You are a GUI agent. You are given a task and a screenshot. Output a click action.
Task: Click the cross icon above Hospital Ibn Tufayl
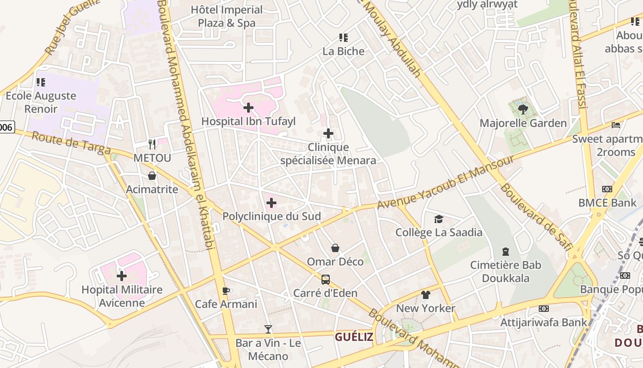coord(248,108)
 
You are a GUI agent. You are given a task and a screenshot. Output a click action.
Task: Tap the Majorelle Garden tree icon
coord(523,109)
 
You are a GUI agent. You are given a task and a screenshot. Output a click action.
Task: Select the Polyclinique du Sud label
coord(271,216)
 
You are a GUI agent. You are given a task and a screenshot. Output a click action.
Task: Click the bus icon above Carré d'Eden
coord(325,279)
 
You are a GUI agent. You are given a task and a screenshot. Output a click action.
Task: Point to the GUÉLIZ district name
coord(354,337)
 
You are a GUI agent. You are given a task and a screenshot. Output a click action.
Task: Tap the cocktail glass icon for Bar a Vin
coord(268,329)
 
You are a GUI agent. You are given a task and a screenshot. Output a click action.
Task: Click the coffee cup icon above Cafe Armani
coord(226,290)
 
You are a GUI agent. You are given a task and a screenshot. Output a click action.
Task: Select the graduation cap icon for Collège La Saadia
coord(439,219)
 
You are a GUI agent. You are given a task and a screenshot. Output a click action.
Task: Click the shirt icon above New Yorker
coord(426,294)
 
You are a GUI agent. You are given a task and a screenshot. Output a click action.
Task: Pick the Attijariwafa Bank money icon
coord(544,308)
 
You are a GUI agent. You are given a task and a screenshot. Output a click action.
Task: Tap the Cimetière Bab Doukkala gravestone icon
coord(506,251)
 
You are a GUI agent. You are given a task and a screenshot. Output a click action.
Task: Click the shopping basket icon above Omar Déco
coord(335,248)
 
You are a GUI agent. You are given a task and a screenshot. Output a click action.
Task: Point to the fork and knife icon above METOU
coord(152,144)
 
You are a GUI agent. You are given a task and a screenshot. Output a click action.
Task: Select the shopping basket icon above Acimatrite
coord(152,176)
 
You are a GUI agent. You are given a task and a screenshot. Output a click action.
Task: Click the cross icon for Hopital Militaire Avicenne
coord(122,276)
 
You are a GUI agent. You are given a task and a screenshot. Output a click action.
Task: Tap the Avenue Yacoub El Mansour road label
coord(445,182)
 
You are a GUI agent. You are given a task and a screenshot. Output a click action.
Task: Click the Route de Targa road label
coord(71,143)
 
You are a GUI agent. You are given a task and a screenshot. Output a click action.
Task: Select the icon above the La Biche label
coord(344,37)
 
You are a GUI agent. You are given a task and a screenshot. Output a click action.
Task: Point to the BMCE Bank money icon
coord(607,189)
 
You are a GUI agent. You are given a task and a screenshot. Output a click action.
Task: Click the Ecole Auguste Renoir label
coord(41,103)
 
